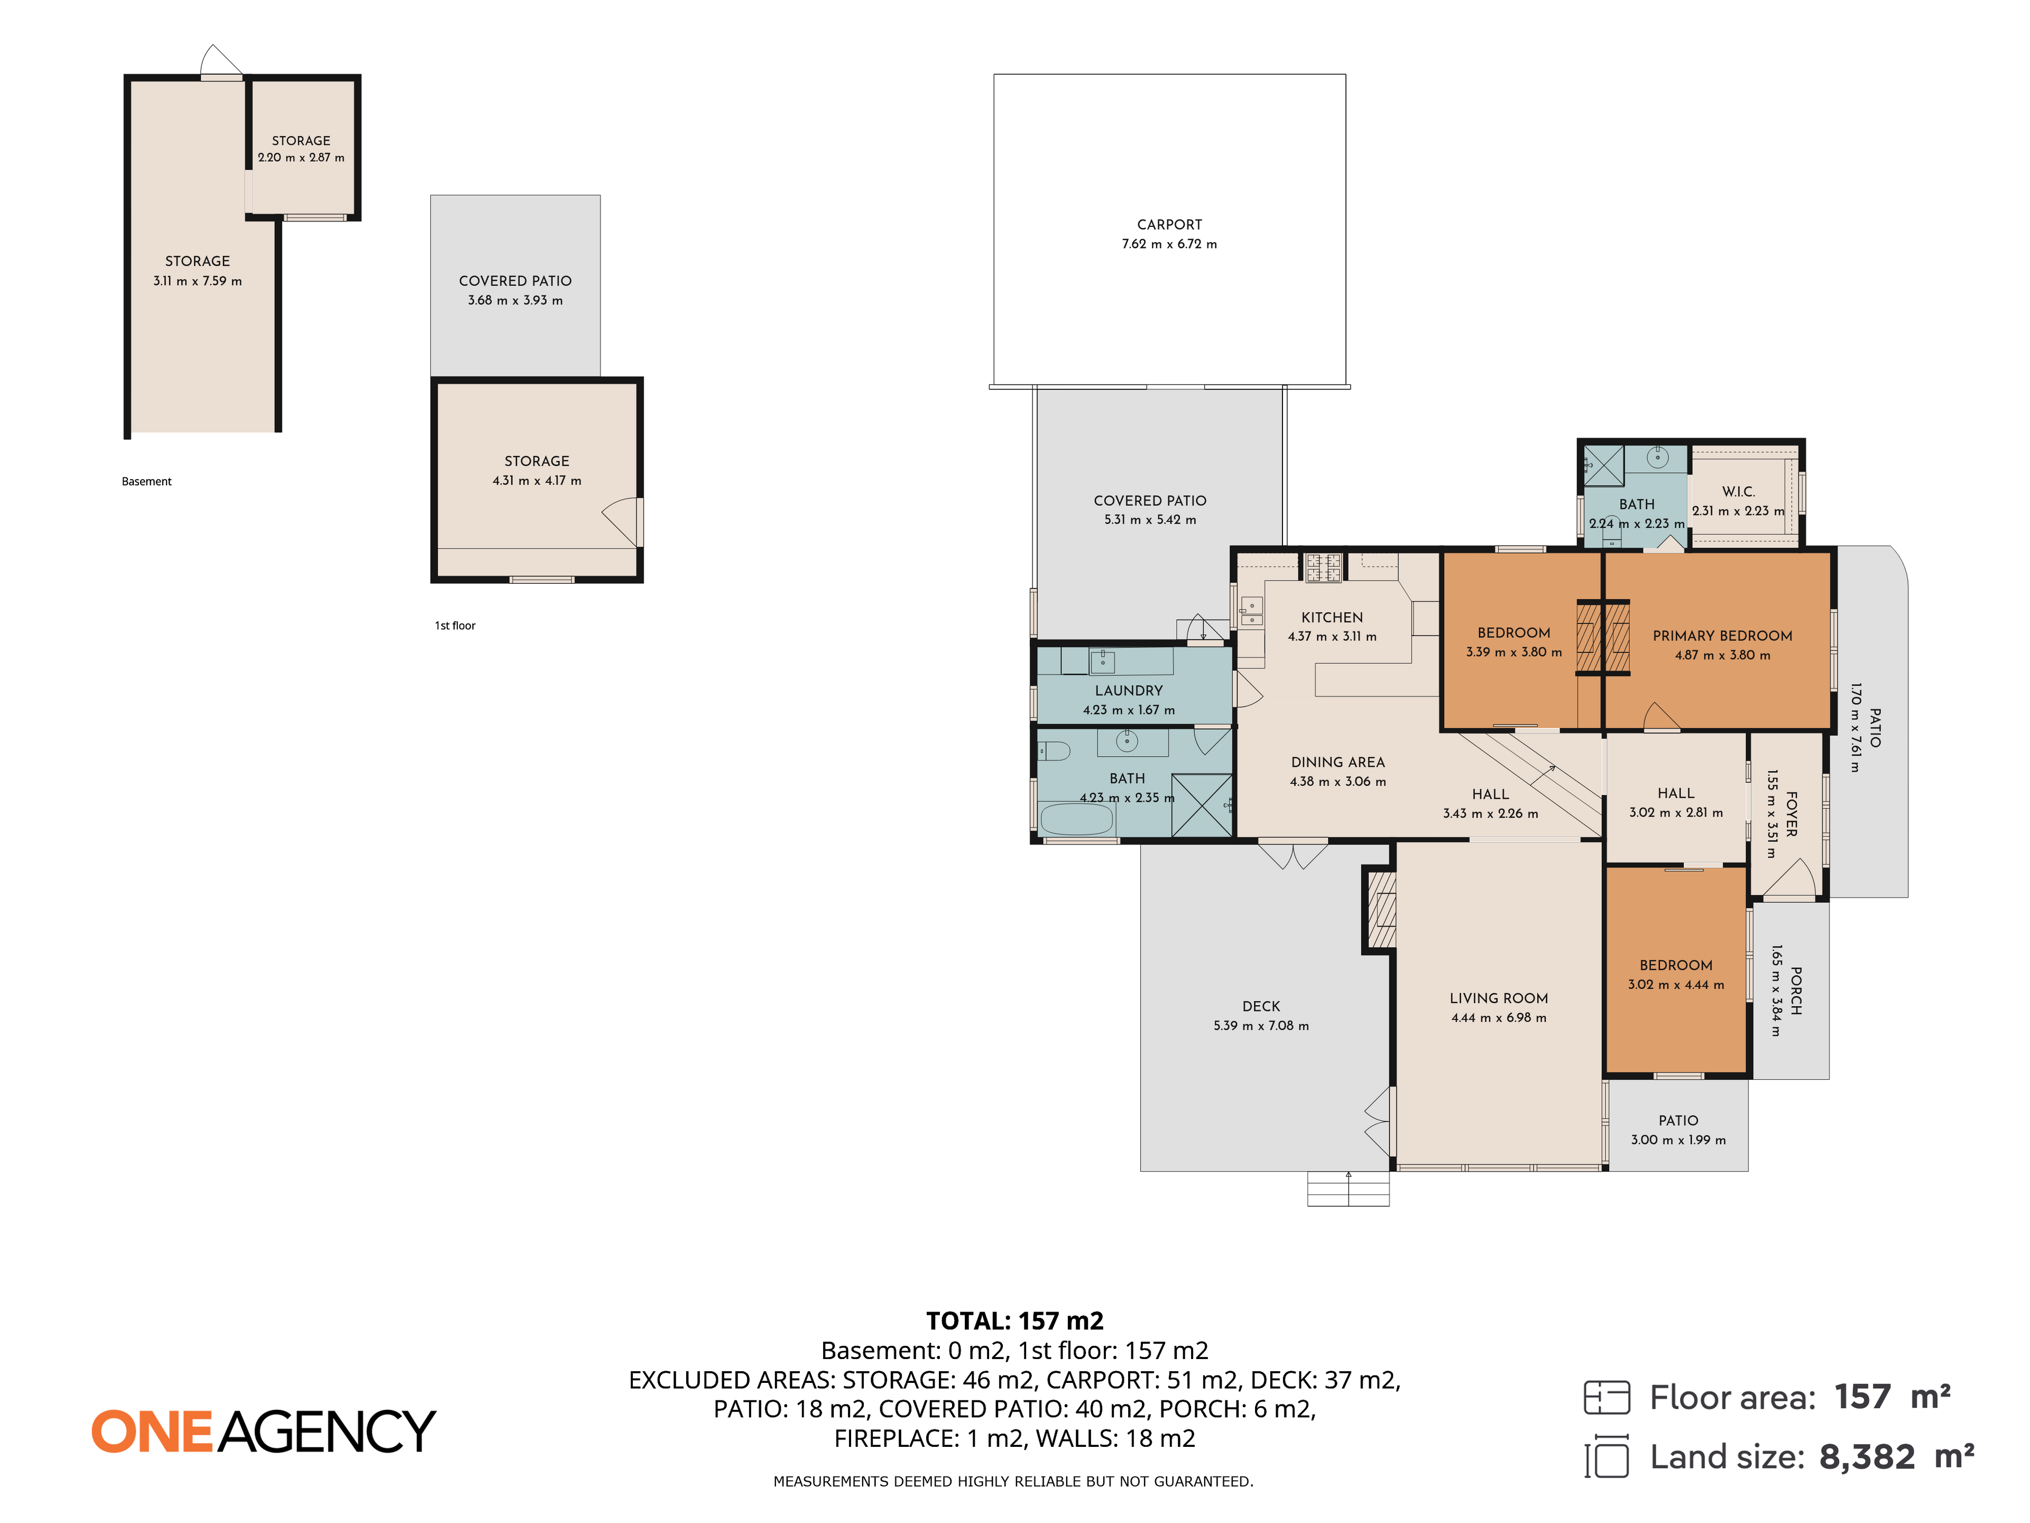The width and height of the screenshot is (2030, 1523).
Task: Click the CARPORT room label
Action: [x=1169, y=225]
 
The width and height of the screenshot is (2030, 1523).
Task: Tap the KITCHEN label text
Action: [x=1332, y=618]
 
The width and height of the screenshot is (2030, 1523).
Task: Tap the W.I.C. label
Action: [x=1738, y=492]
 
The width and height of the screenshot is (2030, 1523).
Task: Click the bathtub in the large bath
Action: [x=1076, y=819]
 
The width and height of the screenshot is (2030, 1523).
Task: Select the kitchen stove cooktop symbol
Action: [x=1323, y=567]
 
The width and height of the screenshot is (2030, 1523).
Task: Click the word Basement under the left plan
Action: [x=147, y=482]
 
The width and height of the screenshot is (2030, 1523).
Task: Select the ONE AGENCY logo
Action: [x=263, y=1431]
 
